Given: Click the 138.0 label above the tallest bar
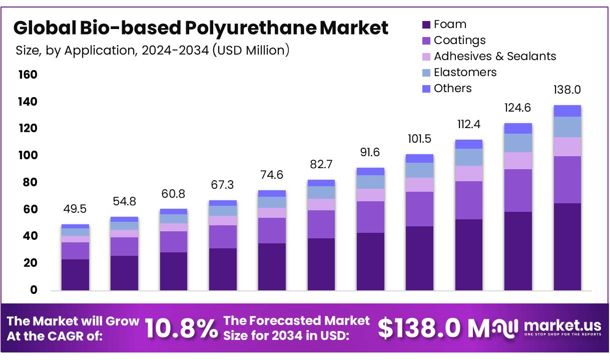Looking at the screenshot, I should tap(567, 90).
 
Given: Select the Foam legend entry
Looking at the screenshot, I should tap(450, 24).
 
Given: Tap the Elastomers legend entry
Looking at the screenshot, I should tap(465, 72).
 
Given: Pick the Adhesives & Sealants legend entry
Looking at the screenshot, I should tap(494, 56).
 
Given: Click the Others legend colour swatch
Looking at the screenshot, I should tap(426, 89).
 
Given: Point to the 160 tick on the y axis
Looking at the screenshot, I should tap(28, 75).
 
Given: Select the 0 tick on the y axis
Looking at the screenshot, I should tap(34, 290).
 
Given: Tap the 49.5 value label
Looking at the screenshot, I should tap(75, 209).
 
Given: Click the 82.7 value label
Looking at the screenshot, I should tap(321, 165).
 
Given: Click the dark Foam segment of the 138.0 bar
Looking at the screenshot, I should tap(567, 246).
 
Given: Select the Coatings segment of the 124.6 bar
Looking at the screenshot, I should tap(518, 190).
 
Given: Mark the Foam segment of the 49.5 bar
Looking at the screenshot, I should tap(75, 274).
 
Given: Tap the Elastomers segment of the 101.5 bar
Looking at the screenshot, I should tap(419, 170).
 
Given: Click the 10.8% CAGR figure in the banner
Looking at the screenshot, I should tap(181, 328).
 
